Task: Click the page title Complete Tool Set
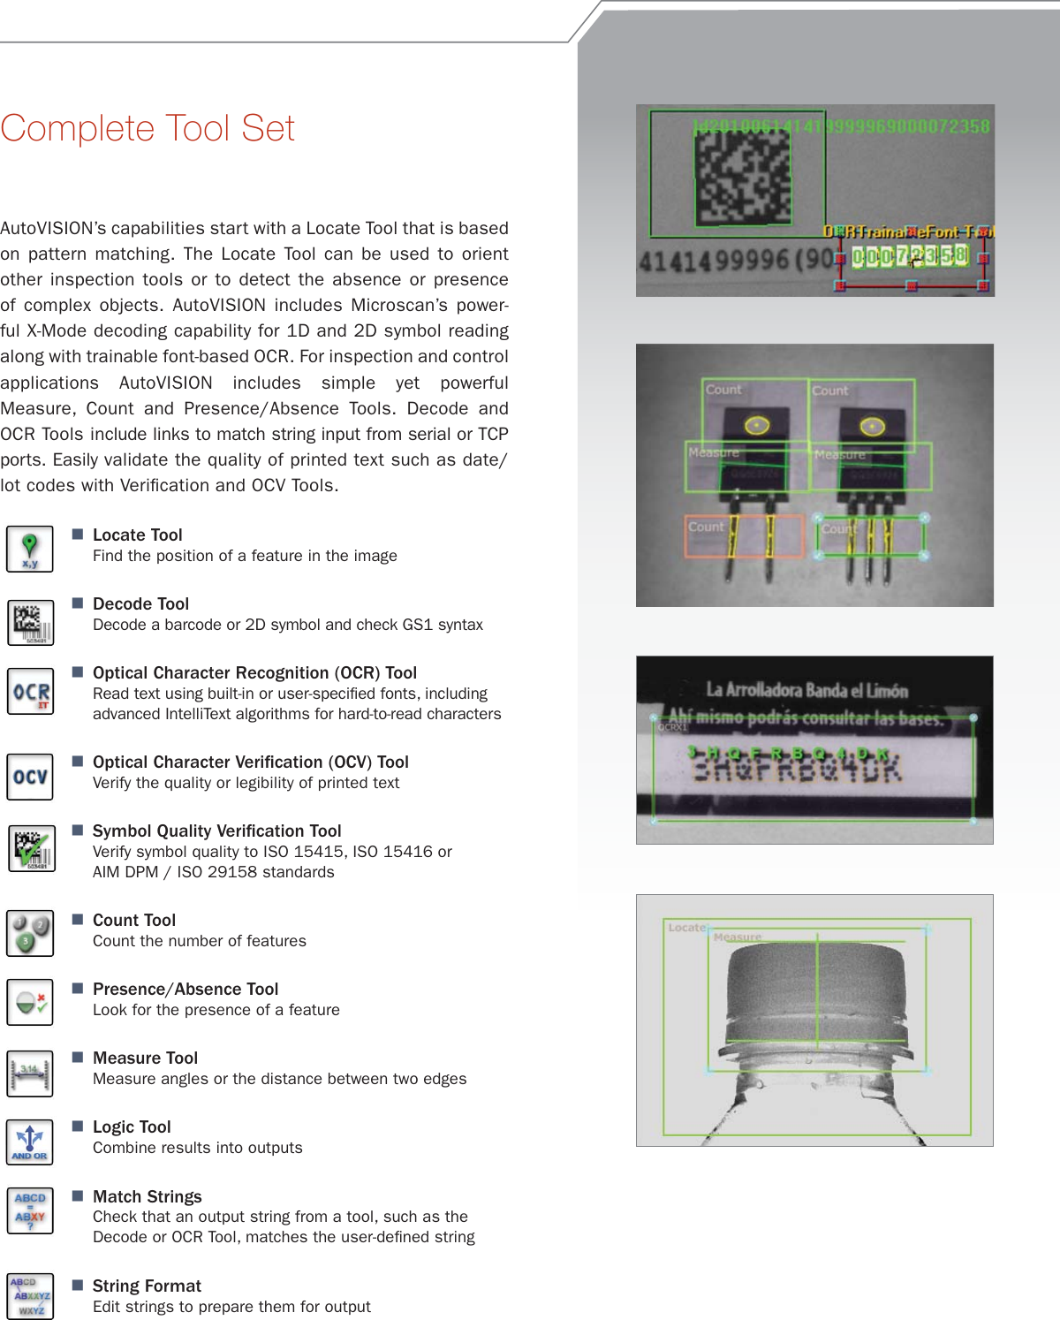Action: point(148,129)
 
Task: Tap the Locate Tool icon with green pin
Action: point(30,549)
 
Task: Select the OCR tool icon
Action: point(30,692)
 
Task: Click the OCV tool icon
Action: point(30,777)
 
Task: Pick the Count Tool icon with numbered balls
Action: point(30,933)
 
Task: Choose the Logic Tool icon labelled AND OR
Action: point(30,1142)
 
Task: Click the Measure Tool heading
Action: point(145,1058)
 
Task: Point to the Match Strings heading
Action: point(147,1196)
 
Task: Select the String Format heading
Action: point(147,1286)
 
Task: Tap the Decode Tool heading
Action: point(140,603)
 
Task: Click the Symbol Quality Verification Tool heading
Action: point(216,831)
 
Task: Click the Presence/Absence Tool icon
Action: point(30,1002)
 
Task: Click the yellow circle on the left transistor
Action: point(757,426)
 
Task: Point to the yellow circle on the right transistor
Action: point(873,427)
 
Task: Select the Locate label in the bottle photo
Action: point(686,928)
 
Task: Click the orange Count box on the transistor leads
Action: point(744,536)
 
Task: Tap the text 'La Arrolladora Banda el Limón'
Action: point(806,690)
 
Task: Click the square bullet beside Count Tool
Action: point(78,919)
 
